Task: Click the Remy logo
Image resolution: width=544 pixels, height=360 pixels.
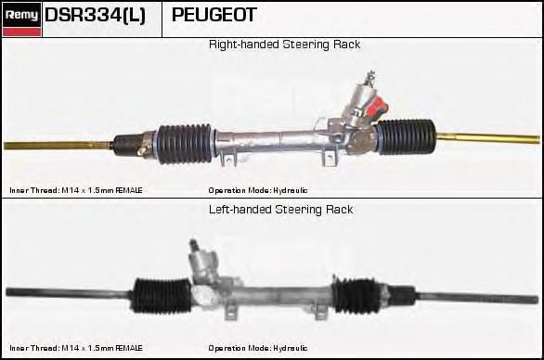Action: pyautogui.click(x=21, y=19)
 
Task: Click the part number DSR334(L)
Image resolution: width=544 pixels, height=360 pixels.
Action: pyautogui.click(x=95, y=16)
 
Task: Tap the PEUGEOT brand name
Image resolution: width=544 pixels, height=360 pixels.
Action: pyautogui.click(x=214, y=15)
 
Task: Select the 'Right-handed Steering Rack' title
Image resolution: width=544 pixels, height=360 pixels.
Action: pyautogui.click(x=284, y=45)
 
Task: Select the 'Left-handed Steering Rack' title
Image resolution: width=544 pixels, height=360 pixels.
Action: pyautogui.click(x=280, y=210)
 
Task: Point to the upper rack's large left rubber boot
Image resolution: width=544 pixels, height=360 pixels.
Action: pyautogui.click(x=185, y=143)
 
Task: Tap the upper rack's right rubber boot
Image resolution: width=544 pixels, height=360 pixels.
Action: pyautogui.click(x=407, y=136)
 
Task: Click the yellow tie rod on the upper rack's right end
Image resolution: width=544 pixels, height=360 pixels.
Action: pyautogui.click(x=487, y=138)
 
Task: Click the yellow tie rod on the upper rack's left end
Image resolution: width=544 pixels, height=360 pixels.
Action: pyautogui.click(x=58, y=145)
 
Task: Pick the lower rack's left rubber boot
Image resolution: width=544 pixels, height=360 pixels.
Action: pyautogui.click(x=162, y=295)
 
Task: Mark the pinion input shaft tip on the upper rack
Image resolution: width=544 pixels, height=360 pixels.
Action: pyautogui.click(x=369, y=75)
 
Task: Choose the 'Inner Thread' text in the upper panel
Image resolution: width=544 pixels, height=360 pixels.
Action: pyautogui.click(x=33, y=190)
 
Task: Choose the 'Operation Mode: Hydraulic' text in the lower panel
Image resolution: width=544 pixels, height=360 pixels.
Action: pyautogui.click(x=258, y=348)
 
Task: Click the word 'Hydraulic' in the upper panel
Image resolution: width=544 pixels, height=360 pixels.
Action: pyautogui.click(x=290, y=190)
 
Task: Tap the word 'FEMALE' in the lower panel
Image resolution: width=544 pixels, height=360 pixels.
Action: pyautogui.click(x=129, y=348)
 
